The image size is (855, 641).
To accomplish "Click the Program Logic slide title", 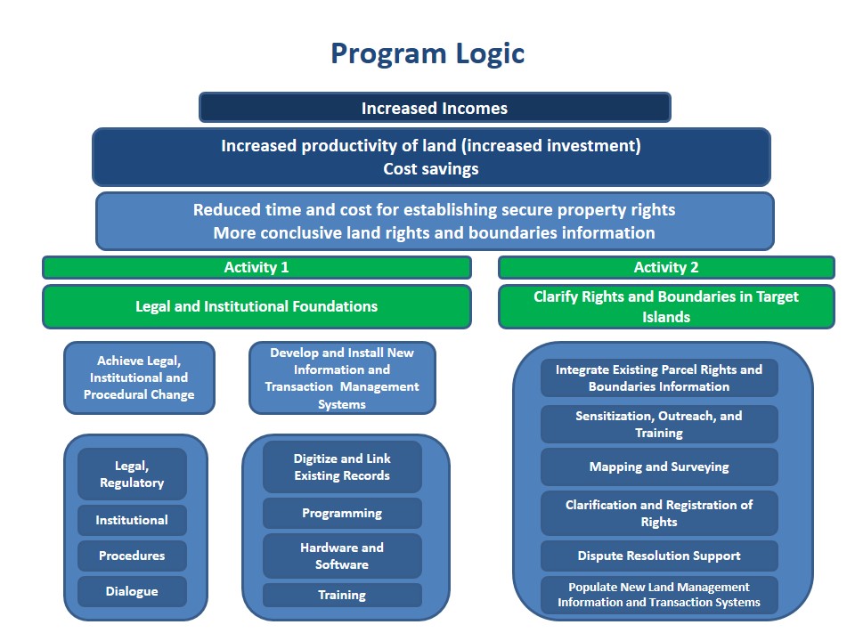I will (x=427, y=53).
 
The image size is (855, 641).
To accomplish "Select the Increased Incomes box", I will (x=435, y=108).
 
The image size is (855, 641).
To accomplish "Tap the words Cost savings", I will (x=431, y=168).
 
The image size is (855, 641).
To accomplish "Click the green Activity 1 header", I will (x=256, y=267).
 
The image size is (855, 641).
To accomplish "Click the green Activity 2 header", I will (x=666, y=267).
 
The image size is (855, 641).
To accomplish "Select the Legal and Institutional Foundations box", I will (x=256, y=306).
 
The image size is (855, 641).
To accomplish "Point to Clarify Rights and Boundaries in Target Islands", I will (x=666, y=306).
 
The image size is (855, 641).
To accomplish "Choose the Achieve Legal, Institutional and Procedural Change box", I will (x=139, y=377).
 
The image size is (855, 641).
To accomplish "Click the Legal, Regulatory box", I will (x=132, y=474).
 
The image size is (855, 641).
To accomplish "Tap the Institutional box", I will (x=132, y=520).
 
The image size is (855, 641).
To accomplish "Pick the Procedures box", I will (x=132, y=556).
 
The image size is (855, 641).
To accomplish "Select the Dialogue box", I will (x=132, y=591).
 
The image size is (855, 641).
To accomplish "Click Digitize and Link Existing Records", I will (x=342, y=467).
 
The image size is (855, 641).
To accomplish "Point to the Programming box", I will (x=342, y=513).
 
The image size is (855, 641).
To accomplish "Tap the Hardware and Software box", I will (x=342, y=556).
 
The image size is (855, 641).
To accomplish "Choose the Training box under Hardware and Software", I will (x=342, y=595).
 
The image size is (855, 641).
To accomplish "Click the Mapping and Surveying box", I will (x=659, y=467).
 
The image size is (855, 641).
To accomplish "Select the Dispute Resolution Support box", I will (x=659, y=556).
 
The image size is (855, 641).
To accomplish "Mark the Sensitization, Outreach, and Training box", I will (x=659, y=424).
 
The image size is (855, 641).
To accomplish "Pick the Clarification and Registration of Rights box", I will (x=659, y=513).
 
